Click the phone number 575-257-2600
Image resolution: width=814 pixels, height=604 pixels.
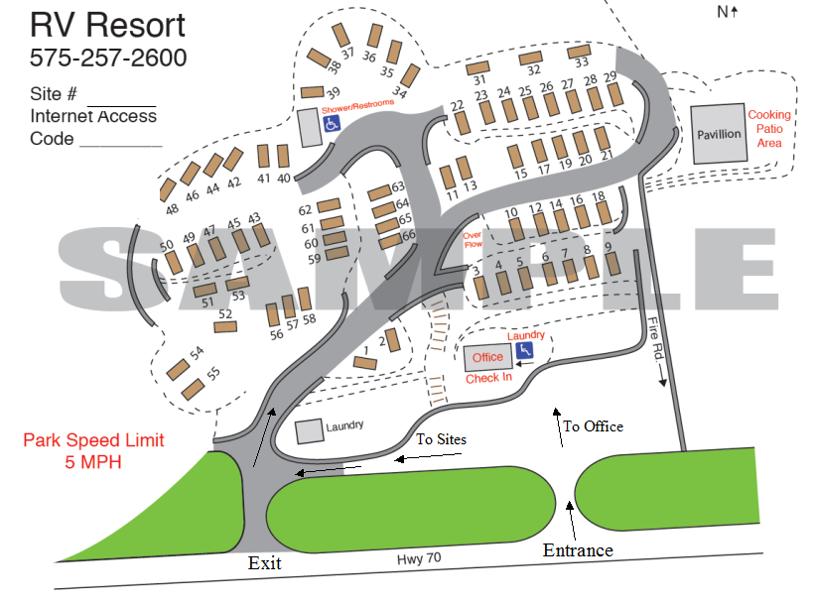tap(108, 59)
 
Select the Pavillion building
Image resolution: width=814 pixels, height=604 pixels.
tap(719, 134)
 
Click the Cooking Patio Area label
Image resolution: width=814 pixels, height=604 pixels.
tap(770, 129)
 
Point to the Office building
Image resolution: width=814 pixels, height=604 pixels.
tap(487, 357)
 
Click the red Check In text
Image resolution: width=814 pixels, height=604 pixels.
tap(489, 378)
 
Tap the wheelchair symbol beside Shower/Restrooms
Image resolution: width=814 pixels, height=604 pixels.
tap(333, 124)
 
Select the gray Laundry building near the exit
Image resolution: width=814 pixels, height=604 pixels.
tap(309, 430)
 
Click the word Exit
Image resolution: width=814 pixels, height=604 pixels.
tap(265, 562)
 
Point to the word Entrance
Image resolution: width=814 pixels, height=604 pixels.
tap(578, 549)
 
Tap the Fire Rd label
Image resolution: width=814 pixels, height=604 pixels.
tap(653, 337)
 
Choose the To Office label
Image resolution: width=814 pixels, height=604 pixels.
tap(594, 426)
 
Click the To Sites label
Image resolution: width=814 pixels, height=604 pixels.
tap(441, 439)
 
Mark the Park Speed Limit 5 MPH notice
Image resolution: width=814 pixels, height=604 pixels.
tap(94, 450)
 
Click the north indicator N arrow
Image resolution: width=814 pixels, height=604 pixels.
tap(729, 12)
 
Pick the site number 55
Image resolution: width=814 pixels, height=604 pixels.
tap(212, 374)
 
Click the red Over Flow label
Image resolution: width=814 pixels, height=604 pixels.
tap(473, 239)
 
